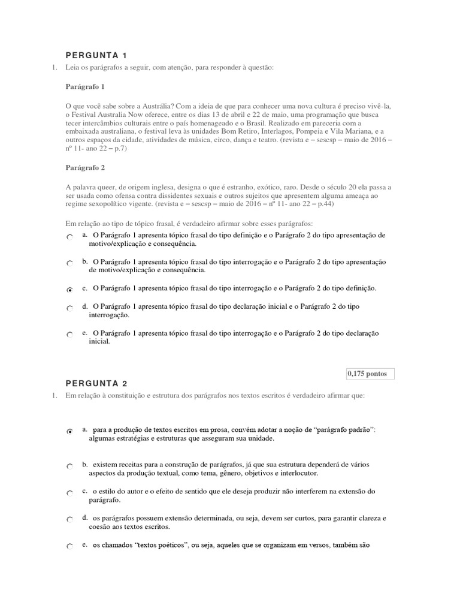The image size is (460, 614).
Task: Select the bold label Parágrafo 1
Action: coord(85,87)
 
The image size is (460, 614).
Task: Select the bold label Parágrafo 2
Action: coord(85,168)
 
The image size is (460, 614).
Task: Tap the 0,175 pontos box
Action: coord(370,374)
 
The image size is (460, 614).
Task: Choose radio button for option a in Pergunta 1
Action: coord(70,238)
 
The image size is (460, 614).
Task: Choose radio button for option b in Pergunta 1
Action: coord(70,263)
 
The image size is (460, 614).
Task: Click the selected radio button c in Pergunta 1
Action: coord(70,290)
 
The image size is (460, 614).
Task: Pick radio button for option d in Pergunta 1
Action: coord(70,308)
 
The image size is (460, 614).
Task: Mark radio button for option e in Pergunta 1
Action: coord(70,335)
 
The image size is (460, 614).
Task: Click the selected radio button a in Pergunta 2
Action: coord(70,431)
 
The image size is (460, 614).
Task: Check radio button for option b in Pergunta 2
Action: coord(70,466)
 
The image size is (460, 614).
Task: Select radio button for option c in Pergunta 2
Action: coord(70,493)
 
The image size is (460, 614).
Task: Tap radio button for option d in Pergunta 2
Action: coord(70,519)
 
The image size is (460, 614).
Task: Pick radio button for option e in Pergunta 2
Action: coord(70,547)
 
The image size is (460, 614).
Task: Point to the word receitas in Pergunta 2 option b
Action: coord(134,464)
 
